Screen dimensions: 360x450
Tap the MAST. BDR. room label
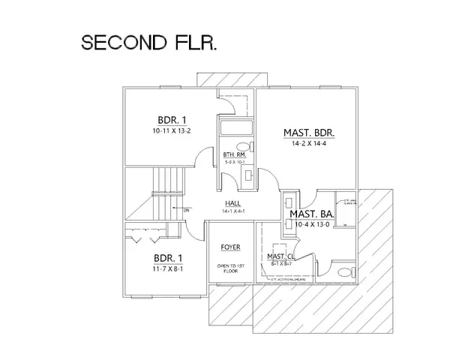pyautogui.click(x=308, y=133)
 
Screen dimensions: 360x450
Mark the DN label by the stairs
pyautogui.click(x=187, y=211)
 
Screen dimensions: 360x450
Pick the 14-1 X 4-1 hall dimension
pyautogui.click(x=233, y=213)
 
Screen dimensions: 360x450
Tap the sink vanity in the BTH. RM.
pyautogui.click(x=247, y=174)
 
